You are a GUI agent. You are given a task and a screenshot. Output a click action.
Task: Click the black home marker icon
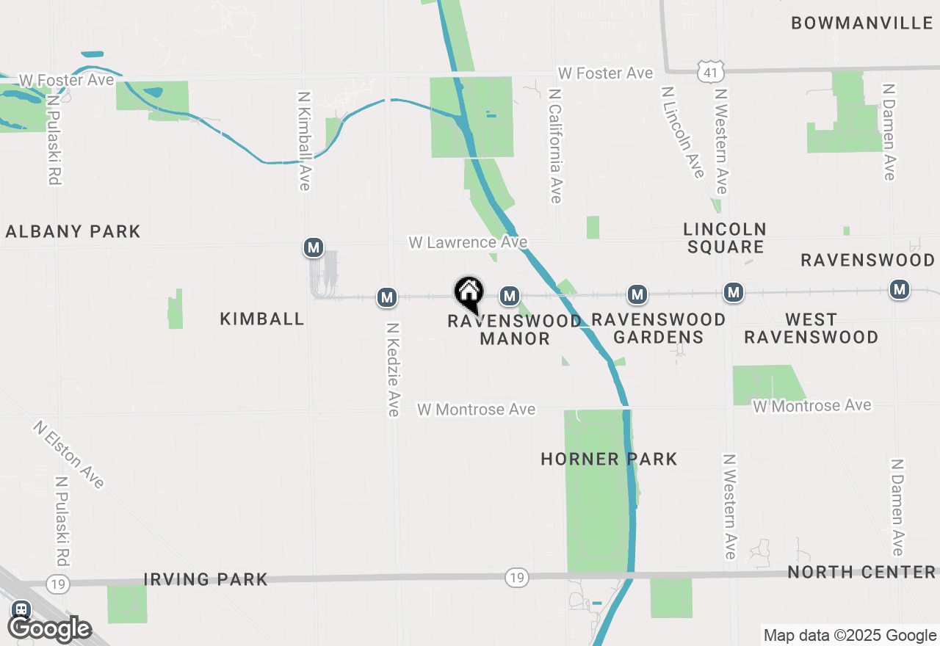(469, 293)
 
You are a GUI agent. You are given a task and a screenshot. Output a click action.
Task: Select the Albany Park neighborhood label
(73, 232)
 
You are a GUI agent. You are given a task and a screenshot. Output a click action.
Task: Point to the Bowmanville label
(861, 23)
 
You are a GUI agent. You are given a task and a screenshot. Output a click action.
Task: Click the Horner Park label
(609, 460)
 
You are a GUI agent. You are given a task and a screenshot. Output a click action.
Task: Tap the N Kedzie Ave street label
(393, 370)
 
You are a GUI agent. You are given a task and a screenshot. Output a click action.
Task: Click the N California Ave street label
(555, 146)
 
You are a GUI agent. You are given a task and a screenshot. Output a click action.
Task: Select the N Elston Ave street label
(69, 454)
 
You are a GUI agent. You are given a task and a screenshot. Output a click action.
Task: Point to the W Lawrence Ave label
(468, 242)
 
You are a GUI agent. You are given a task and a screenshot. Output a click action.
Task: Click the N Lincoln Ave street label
(682, 133)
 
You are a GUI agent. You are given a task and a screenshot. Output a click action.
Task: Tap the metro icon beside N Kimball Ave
(314, 247)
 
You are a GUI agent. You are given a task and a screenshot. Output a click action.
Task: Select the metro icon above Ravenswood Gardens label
(637, 295)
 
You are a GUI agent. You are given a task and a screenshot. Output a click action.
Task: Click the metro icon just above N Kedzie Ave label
(386, 297)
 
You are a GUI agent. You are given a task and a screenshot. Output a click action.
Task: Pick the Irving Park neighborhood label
(206, 579)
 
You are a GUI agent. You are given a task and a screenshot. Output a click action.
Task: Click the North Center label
(861, 572)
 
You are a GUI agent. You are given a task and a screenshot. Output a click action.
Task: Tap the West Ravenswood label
(811, 328)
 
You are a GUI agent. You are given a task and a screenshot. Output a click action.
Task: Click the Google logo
(49, 628)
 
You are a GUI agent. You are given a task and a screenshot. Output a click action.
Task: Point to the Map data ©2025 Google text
(850, 636)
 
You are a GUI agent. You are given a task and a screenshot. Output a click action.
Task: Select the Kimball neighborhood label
(262, 319)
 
